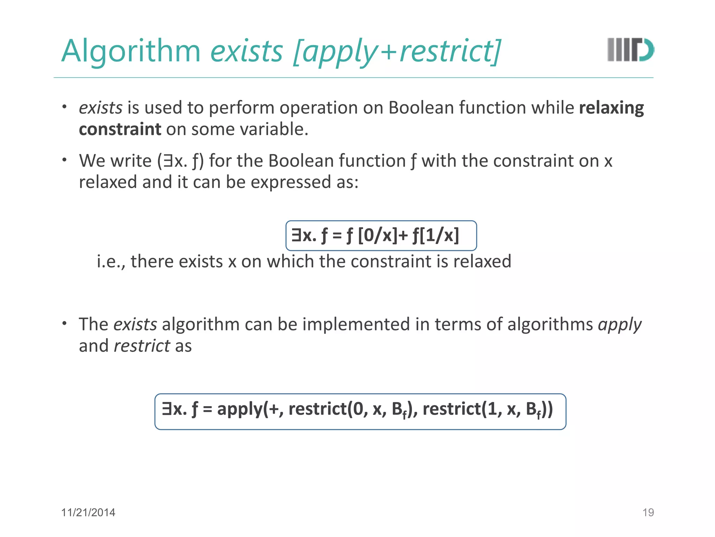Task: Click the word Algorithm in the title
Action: point(131,51)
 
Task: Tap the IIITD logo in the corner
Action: point(631,50)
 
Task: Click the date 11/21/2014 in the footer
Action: point(88,513)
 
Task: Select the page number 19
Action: point(648,513)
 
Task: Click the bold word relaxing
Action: point(611,108)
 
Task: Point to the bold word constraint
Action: point(120,129)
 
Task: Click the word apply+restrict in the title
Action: point(397,51)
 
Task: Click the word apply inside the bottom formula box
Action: point(240,409)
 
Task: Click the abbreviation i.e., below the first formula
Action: point(111,262)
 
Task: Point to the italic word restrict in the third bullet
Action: point(142,346)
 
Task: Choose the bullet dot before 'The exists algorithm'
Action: point(64,323)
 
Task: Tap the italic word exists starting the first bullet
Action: point(101,108)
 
